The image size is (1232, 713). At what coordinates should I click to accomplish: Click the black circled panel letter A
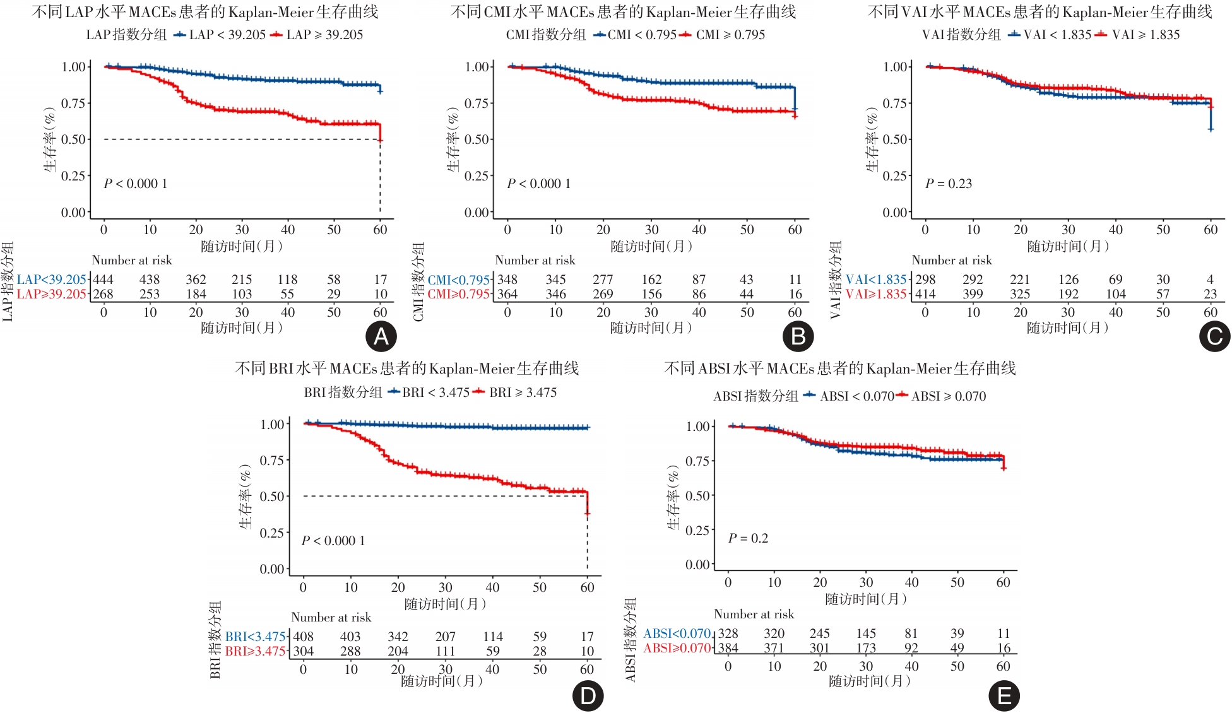click(381, 337)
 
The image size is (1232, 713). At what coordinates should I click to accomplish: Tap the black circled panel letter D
click(588, 696)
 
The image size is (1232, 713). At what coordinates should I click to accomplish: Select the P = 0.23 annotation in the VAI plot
click(948, 184)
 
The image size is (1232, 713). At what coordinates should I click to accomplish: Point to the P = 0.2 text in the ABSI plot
click(748, 538)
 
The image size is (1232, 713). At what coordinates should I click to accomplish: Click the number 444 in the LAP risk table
click(104, 280)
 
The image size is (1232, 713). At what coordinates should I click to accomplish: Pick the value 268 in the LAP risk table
click(104, 294)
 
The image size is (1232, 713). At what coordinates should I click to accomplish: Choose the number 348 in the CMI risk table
click(507, 280)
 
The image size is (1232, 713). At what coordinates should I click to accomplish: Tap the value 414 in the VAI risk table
click(925, 294)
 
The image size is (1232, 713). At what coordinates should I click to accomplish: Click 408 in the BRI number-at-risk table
click(303, 637)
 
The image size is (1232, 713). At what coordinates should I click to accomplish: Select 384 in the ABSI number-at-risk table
click(728, 648)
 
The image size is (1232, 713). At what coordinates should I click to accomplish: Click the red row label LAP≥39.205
click(52, 294)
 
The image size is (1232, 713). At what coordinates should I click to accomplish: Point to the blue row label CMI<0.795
click(459, 280)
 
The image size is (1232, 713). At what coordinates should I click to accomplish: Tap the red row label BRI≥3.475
click(256, 651)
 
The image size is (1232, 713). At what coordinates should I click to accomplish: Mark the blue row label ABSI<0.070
click(677, 633)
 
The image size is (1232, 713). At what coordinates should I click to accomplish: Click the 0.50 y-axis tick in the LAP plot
click(74, 139)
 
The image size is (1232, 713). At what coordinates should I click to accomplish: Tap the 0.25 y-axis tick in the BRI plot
click(272, 533)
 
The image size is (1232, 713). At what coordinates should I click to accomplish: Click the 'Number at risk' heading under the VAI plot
click(951, 260)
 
